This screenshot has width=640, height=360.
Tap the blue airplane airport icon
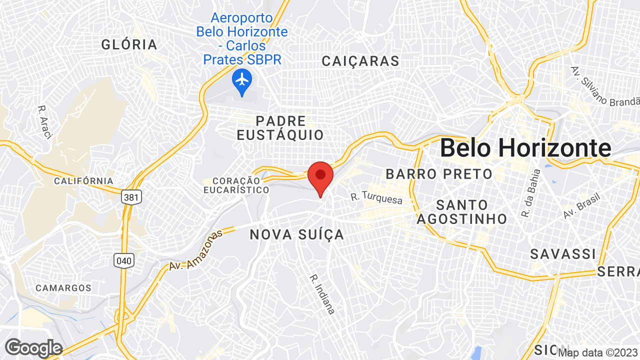(x=242, y=80)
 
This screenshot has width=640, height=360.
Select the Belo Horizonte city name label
(x=525, y=148)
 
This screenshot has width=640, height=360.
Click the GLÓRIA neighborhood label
(x=129, y=44)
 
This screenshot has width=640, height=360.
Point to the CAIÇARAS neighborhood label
(x=360, y=61)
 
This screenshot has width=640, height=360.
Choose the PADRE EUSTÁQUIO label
(x=280, y=128)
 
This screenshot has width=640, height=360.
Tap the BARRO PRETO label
(x=439, y=174)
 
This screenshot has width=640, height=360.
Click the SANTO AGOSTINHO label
(x=462, y=212)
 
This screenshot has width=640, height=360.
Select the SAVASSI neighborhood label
(x=563, y=254)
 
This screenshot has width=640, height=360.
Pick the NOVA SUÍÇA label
(x=297, y=234)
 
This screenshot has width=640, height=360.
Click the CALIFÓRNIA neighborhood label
(x=83, y=180)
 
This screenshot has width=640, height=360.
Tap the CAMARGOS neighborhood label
(x=63, y=288)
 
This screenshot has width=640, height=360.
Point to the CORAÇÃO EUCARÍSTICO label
(x=236, y=185)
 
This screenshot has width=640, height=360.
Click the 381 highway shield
(x=131, y=197)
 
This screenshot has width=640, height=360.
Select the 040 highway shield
(x=123, y=260)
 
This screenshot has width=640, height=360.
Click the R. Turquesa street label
(x=376, y=197)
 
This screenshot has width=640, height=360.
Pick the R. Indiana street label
(x=322, y=294)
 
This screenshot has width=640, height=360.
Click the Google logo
(x=33, y=348)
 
